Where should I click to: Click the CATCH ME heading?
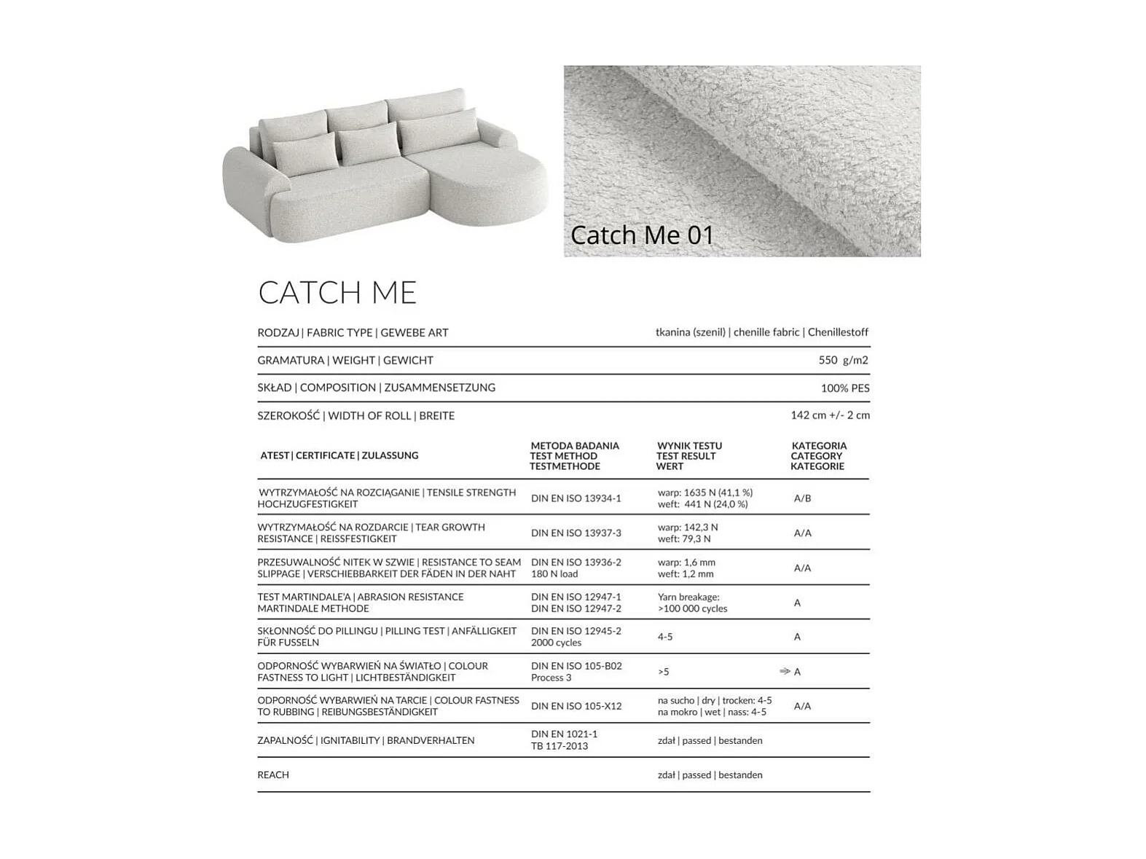point(337,293)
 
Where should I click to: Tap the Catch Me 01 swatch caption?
point(641,235)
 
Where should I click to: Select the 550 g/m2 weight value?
point(843,360)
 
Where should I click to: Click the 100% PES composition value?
point(844,388)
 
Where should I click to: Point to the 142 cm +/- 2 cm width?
point(830,415)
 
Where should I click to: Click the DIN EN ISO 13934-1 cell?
point(576,498)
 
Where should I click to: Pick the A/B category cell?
point(802,498)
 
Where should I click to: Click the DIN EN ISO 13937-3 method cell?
point(576,533)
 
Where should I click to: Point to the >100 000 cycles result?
point(692,608)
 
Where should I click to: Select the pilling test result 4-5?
point(665,637)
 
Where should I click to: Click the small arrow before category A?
point(785,671)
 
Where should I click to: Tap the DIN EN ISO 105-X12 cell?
point(576,706)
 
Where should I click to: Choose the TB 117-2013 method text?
point(559,746)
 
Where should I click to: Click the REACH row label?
point(273,774)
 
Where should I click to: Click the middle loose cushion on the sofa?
point(370,144)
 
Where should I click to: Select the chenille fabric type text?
point(766,332)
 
